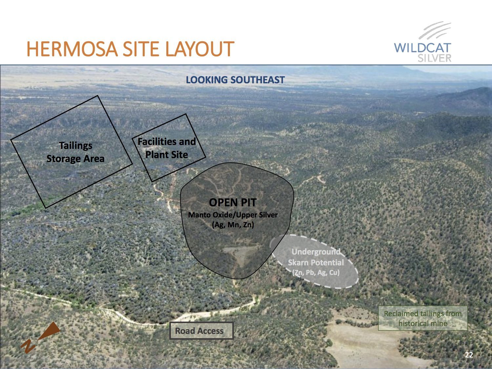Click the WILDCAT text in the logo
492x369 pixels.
coord(422,48)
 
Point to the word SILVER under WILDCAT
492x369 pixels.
coord(434,58)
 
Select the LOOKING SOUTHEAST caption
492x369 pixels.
coord(236,80)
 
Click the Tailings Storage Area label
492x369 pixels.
coord(75,152)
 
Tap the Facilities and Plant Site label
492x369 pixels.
coord(167,148)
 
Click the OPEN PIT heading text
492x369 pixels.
coord(233,202)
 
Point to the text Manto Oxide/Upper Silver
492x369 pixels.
coord(233,215)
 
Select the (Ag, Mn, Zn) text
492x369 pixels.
coord(233,225)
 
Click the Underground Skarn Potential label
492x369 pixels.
coord(316,257)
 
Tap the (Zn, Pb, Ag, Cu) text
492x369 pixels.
coord(316,273)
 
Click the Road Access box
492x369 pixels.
coord(201,331)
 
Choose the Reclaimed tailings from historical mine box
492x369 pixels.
coord(423,318)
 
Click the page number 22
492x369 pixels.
coord(469,355)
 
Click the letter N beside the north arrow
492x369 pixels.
coord(28,346)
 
